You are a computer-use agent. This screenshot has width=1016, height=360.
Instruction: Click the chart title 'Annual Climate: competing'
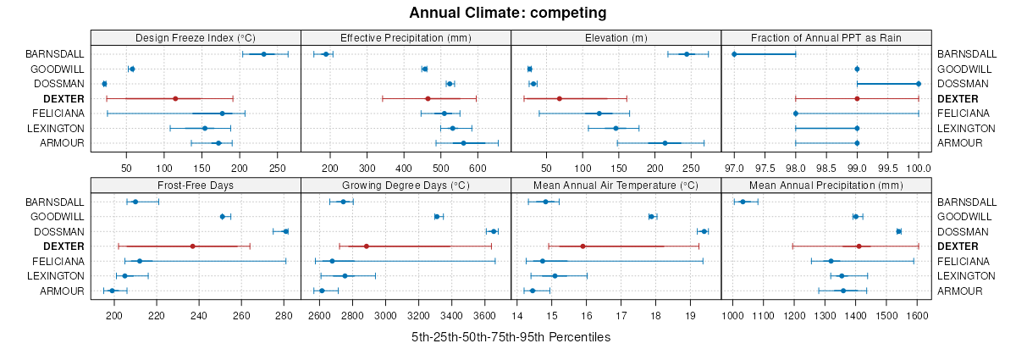[508, 13]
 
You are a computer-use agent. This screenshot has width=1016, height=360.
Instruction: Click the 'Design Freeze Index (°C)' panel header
[196, 37]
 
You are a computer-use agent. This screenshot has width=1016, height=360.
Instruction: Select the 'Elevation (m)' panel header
[616, 37]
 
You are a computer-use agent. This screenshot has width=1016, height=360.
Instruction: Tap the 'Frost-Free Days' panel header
[196, 186]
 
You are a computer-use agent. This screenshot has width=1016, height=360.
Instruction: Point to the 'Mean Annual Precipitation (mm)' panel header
[825, 186]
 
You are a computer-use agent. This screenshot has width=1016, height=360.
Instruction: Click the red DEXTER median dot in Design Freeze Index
[175, 98]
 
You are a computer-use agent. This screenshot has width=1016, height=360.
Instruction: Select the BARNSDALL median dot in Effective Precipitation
[326, 54]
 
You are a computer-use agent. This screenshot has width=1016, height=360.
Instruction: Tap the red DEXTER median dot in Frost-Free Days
[193, 246]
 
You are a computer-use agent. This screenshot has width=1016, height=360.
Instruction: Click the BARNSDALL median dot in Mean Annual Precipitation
[743, 202]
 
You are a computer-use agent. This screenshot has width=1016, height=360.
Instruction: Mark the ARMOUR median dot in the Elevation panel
[665, 143]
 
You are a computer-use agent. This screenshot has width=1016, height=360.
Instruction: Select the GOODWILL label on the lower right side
[964, 217]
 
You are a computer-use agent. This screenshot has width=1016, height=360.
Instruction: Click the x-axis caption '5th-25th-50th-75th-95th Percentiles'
[511, 337]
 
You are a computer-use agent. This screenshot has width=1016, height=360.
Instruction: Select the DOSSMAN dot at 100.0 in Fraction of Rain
[919, 84]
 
